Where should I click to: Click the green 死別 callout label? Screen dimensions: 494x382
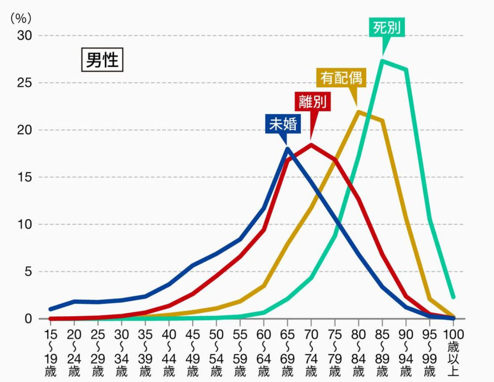pyautogui.click(x=386, y=28)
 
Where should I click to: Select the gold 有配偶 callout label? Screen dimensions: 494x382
pyautogui.click(x=341, y=78)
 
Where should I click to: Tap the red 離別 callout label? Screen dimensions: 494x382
pyautogui.click(x=313, y=101)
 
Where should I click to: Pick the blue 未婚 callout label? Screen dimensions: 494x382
pyautogui.click(x=283, y=124)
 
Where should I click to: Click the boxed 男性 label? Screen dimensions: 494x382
pyautogui.click(x=102, y=59)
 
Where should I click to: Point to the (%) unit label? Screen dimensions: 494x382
pyautogui.click(x=21, y=18)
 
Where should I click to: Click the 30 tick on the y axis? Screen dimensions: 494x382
pyautogui.click(x=25, y=36)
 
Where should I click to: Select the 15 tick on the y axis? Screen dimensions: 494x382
pyautogui.click(x=25, y=177)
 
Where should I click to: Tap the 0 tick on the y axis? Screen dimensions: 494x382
pyautogui.click(x=28, y=319)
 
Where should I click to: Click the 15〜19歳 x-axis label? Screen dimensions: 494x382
pyautogui.click(x=50, y=353)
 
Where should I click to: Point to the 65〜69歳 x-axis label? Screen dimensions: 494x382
pyautogui.click(x=287, y=353)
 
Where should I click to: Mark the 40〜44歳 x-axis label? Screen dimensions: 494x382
pyautogui.click(x=169, y=353)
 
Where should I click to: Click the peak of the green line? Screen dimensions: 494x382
pyautogui.click(x=382, y=60)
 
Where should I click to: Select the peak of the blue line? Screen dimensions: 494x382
pyautogui.click(x=287, y=148)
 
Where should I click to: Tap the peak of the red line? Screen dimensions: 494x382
pyautogui.click(x=311, y=145)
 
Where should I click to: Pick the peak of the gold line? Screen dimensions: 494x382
pyautogui.click(x=359, y=111)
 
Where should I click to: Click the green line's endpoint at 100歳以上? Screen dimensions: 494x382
pyautogui.click(x=453, y=297)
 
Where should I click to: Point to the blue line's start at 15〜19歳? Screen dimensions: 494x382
pyautogui.click(x=50, y=309)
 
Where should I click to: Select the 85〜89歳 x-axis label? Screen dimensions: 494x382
pyautogui.click(x=382, y=353)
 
